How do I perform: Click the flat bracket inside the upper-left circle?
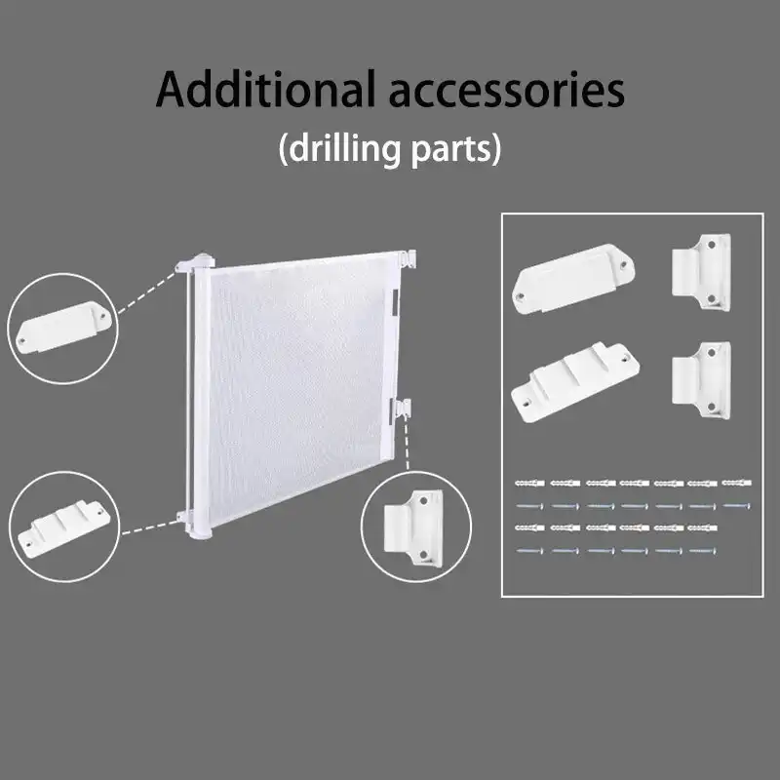pyautogui.click(x=63, y=327)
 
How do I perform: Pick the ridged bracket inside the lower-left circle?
pyautogui.click(x=63, y=526)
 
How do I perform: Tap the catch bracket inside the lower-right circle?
pyautogui.click(x=413, y=528)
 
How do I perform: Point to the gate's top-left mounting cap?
pyautogui.click(x=196, y=262)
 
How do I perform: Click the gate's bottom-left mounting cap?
pyautogui.click(x=194, y=525)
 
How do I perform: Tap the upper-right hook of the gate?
pyautogui.click(x=409, y=259)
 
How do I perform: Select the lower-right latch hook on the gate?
pyautogui.click(x=401, y=409)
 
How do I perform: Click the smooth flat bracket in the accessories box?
pyautogui.click(x=573, y=278)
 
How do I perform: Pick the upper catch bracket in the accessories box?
pyautogui.click(x=702, y=272)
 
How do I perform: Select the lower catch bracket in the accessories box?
pyautogui.click(x=702, y=380)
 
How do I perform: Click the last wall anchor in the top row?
pyautogui.click(x=736, y=482)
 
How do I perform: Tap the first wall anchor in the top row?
pyautogui.click(x=529, y=483)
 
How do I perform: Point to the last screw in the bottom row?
pyautogui.click(x=703, y=551)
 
